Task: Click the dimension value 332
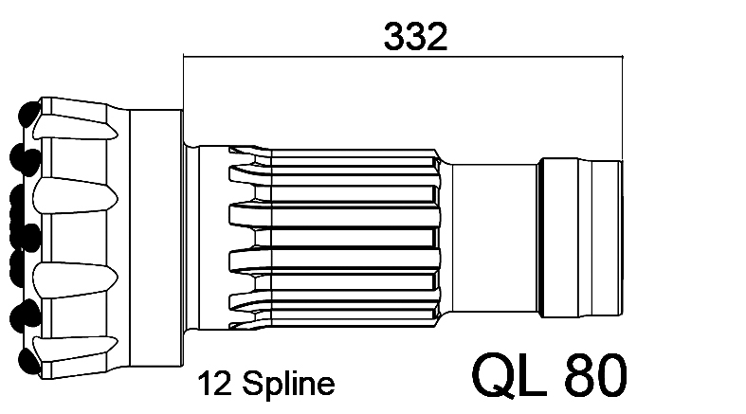tap(415, 36)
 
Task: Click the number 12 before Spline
tap(214, 383)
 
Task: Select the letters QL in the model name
tap(509, 374)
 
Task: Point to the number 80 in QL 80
tap(595, 374)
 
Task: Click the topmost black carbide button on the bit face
tap(29, 114)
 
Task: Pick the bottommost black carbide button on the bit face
tap(29, 361)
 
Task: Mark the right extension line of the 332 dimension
tap(622, 108)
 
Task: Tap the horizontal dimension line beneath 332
tap(403, 57)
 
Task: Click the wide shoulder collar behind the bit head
tap(156, 238)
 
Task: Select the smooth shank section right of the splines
tap(494, 238)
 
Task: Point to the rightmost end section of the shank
tap(607, 238)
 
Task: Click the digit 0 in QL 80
tap(611, 374)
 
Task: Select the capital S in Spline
tap(253, 383)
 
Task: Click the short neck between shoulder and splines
tap(191, 237)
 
